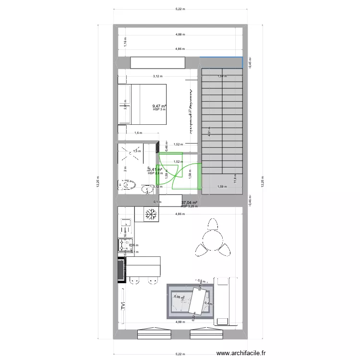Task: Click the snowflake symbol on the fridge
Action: click(x=153, y=215)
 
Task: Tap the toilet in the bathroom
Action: click(x=127, y=185)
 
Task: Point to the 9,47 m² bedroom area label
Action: click(x=159, y=106)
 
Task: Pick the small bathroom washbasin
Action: click(x=145, y=190)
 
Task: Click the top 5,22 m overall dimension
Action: click(x=180, y=9)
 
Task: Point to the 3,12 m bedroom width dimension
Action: click(x=157, y=76)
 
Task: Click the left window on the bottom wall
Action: click(x=154, y=332)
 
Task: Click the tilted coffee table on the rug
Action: click(x=200, y=299)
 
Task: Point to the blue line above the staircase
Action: click(x=221, y=57)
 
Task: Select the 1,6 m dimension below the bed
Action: click(x=138, y=133)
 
